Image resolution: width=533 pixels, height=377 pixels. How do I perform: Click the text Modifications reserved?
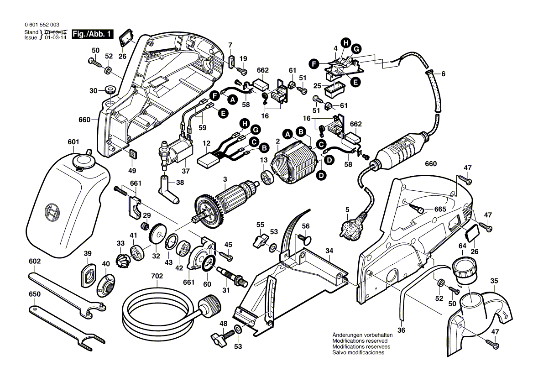[x=360, y=341]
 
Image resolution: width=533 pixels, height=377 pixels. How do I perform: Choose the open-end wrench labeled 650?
[x=68, y=325]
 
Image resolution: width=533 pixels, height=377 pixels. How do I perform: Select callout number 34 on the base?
[x=329, y=251]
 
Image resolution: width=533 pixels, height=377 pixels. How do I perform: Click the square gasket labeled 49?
[x=132, y=154]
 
